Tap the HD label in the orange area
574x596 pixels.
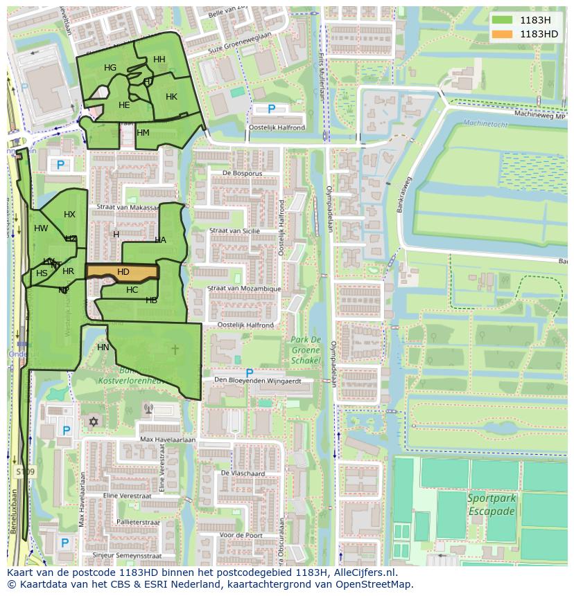click(x=123, y=272)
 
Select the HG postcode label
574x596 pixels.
click(x=110, y=68)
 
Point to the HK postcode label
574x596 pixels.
click(x=171, y=97)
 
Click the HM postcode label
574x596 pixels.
click(x=143, y=133)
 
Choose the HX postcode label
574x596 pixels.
click(x=69, y=215)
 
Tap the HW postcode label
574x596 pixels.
click(x=41, y=228)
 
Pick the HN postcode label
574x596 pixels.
click(x=103, y=347)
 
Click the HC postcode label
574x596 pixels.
click(x=132, y=290)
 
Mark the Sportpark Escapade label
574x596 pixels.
click(x=491, y=505)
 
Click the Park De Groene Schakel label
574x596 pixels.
click(x=306, y=350)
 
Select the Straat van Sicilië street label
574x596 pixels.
click(x=234, y=231)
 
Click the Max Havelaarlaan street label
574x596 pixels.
click(x=168, y=440)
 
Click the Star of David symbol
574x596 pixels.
click(x=94, y=421)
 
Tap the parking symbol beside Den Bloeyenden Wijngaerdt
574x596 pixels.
click(x=250, y=374)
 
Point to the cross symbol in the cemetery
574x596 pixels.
click(x=175, y=349)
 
